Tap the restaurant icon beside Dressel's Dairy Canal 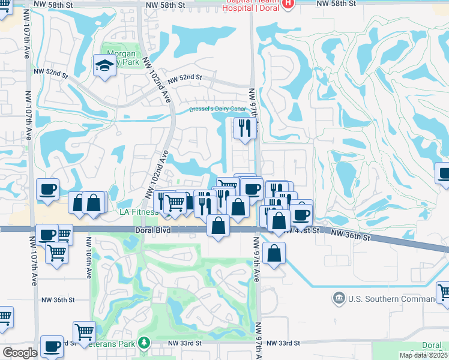(244, 129)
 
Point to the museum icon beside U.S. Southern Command (339, 298)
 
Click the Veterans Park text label (117, 344)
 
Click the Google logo (20, 353)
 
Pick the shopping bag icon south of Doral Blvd (274, 253)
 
